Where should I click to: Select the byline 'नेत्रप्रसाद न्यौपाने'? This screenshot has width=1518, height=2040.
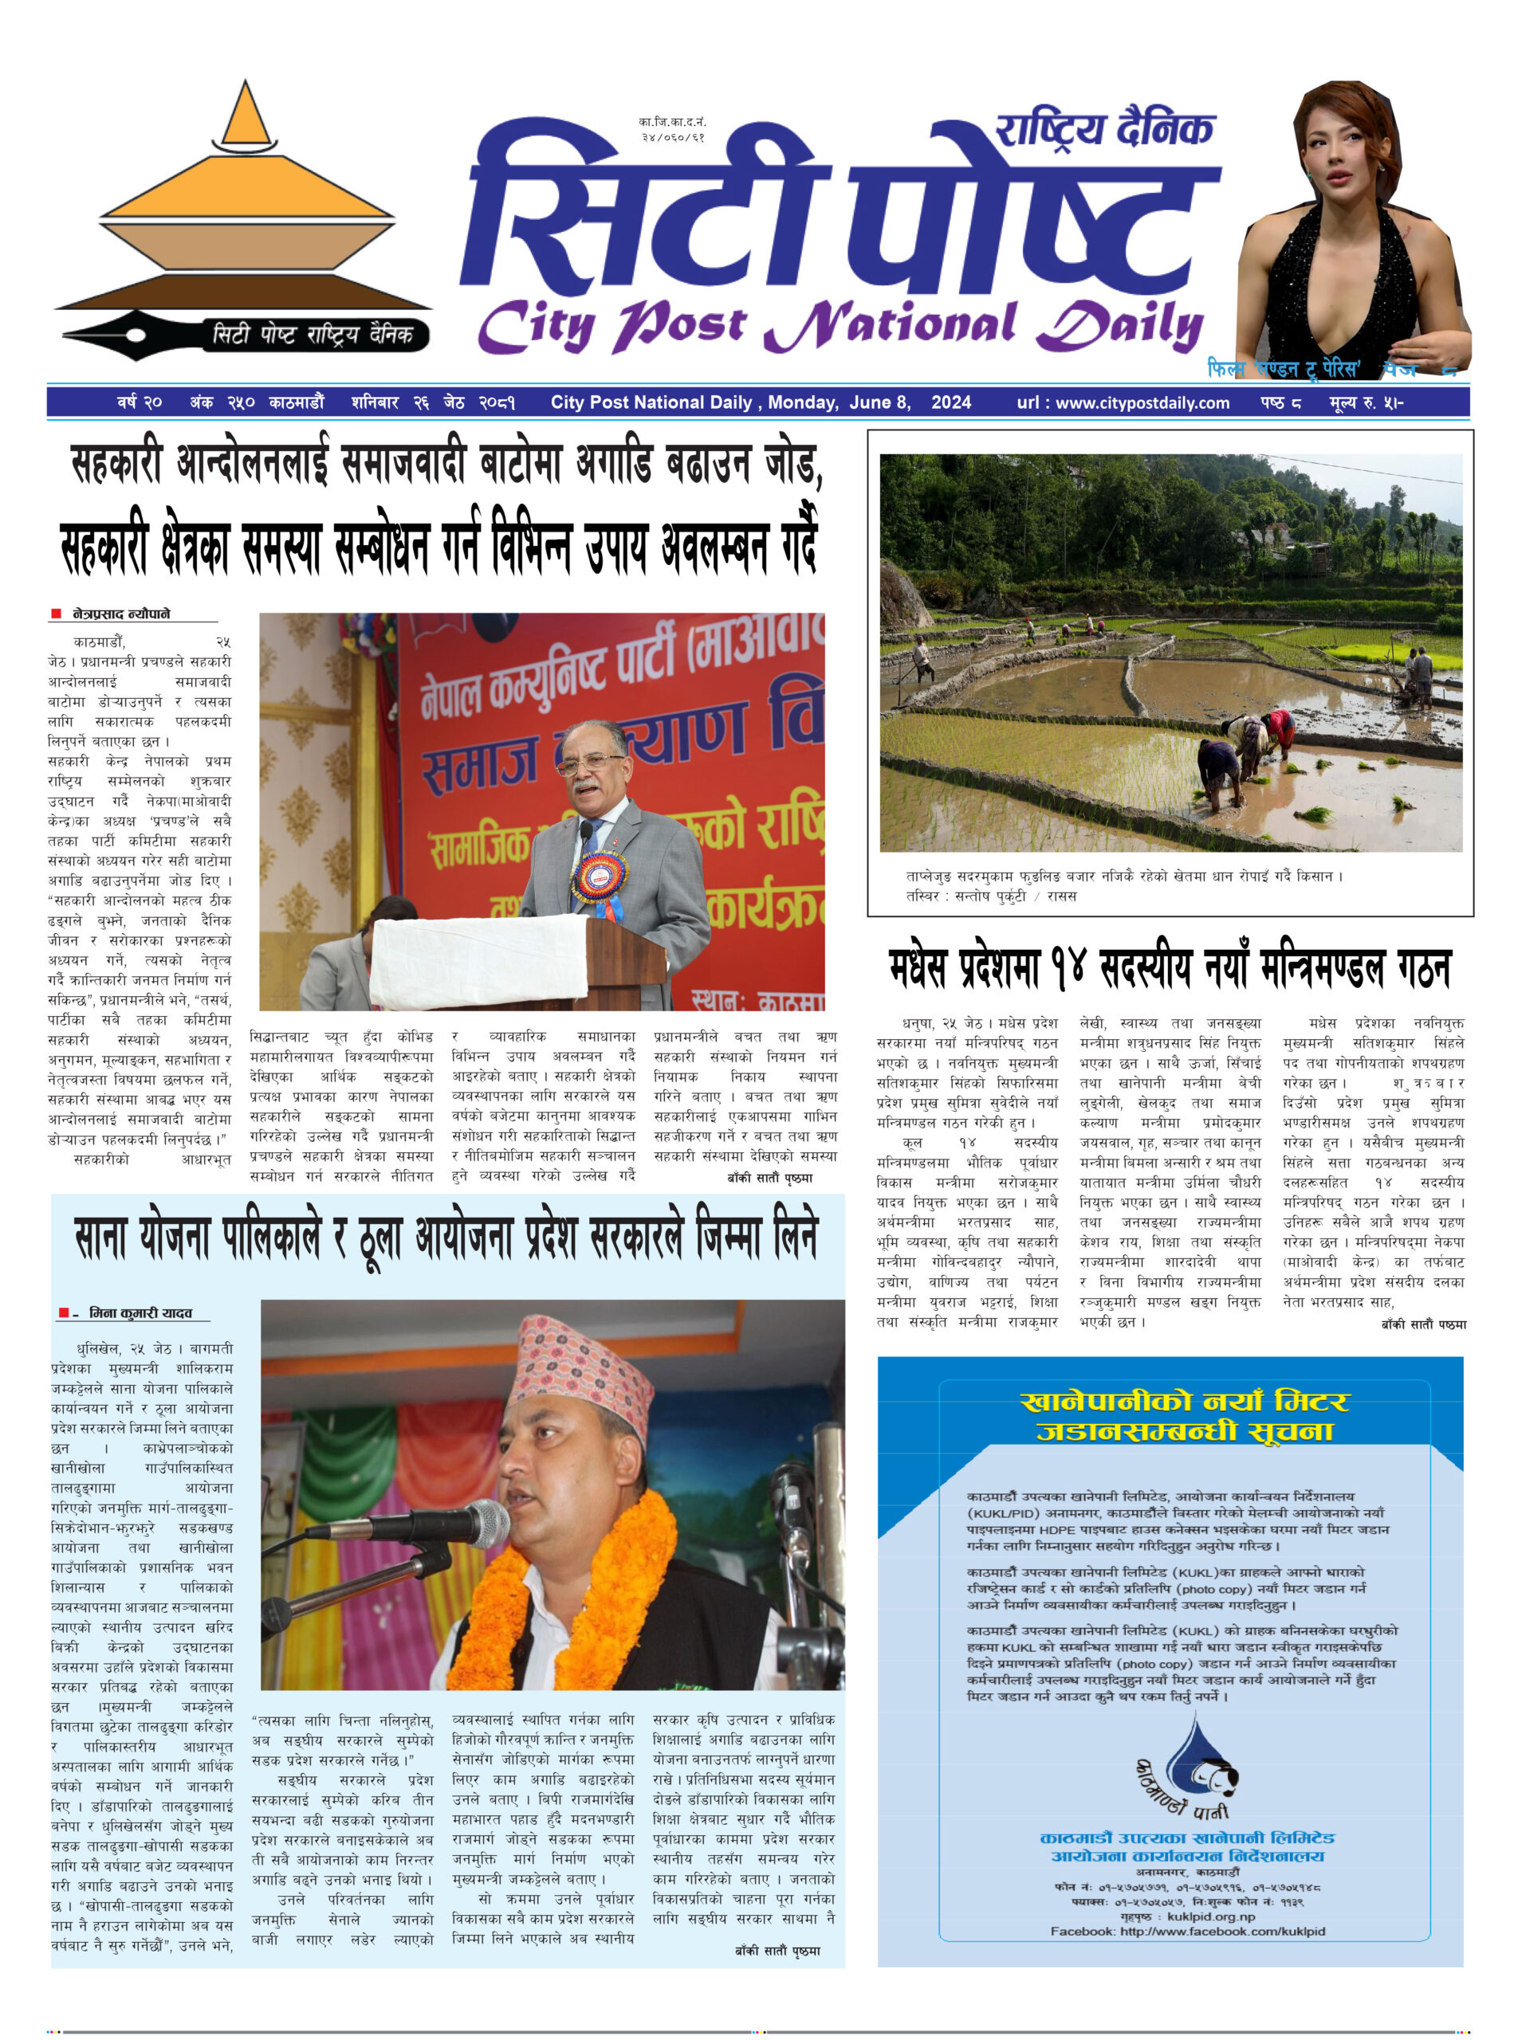click(x=121, y=614)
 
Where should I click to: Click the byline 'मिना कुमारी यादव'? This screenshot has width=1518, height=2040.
click(x=140, y=1313)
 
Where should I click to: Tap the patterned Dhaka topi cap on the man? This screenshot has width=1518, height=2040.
click(x=583, y=1371)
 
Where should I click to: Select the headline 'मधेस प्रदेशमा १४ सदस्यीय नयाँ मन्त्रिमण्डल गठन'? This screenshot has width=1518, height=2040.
click(x=1169, y=970)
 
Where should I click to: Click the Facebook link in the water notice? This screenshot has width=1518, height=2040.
click(x=1187, y=1931)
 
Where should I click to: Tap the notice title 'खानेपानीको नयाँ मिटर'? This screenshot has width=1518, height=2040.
click(x=1185, y=1402)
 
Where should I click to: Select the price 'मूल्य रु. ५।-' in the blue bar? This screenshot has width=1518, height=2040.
click(x=1366, y=402)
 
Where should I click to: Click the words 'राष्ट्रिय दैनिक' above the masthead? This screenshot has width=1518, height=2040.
click(x=1106, y=131)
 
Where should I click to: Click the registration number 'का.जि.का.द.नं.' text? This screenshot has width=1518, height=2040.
click(x=673, y=122)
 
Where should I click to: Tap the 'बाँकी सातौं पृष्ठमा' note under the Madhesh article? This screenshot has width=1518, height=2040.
click(x=1423, y=1324)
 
